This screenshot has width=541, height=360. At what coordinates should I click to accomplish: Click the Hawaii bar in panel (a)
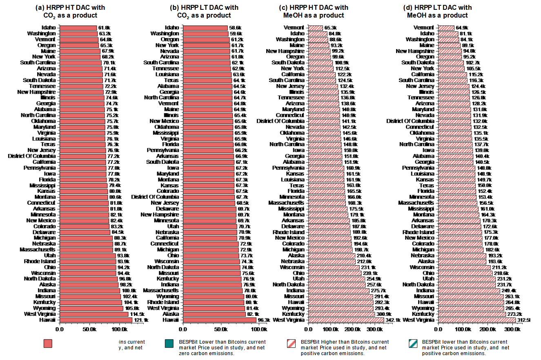[x=96, y=320]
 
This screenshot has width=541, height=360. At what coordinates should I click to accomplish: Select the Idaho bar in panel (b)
[x=205, y=28]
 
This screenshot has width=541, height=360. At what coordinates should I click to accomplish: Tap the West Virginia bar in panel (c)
[x=346, y=320]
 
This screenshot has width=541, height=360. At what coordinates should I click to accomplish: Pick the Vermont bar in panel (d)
[x=446, y=28]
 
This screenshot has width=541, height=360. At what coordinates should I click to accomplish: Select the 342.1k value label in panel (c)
[x=393, y=320]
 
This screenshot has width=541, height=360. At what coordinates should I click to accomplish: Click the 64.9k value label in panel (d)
[x=462, y=28]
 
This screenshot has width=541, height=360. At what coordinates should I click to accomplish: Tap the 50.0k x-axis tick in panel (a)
[x=90, y=329]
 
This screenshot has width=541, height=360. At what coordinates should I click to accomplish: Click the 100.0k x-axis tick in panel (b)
[x=258, y=329]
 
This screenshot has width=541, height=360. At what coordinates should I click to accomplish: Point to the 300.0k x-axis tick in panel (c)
[x=375, y=329]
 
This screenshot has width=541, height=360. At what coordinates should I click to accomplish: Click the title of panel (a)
[x=70, y=11]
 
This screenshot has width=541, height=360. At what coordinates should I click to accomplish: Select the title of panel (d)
[x=437, y=11]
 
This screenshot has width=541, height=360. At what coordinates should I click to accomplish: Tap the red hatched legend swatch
[x=292, y=344]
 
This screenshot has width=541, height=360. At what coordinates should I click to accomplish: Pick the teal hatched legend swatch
[x=413, y=344]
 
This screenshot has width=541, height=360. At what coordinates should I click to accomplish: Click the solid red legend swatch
[x=48, y=344]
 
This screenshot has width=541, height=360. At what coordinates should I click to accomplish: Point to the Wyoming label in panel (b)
[x=169, y=296]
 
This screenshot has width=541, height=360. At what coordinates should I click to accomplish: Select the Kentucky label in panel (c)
[x=293, y=314]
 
